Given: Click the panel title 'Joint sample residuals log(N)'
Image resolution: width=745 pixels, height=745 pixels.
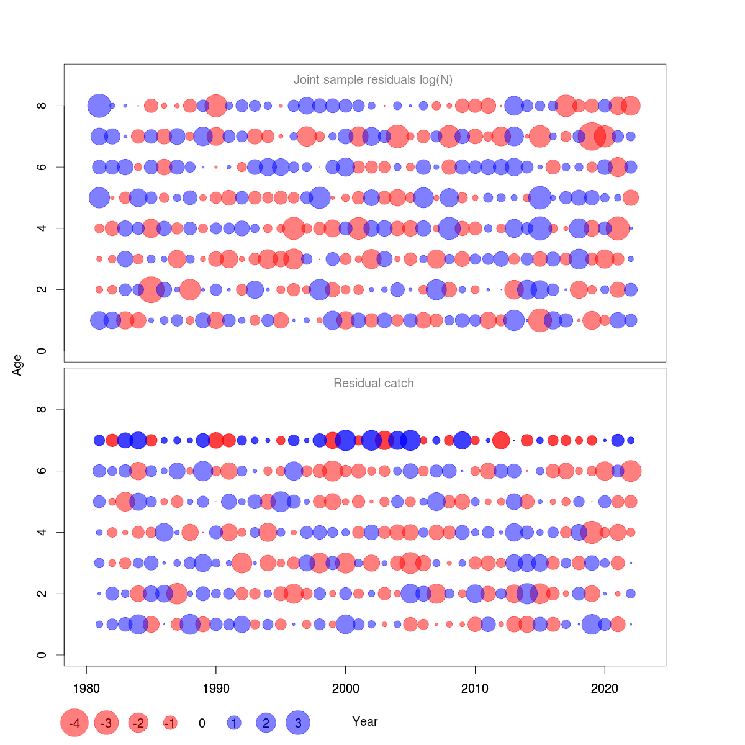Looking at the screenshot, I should [372, 79].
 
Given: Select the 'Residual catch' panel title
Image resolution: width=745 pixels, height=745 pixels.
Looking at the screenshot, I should [373, 383].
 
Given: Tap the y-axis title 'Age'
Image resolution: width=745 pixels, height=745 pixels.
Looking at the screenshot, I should [17, 365].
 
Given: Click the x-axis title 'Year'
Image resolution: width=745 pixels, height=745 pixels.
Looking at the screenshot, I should [364, 721].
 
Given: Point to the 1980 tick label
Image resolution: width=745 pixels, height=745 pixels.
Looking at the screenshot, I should [86, 689].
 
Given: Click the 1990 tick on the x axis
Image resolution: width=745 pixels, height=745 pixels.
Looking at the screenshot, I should [216, 689].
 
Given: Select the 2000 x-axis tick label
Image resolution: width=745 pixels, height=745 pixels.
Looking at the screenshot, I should [346, 689].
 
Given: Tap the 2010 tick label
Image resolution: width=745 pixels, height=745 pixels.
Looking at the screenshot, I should [475, 689].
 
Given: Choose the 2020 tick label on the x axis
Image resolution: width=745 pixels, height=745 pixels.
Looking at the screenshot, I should [605, 689].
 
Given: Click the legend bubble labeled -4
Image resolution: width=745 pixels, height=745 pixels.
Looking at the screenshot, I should [74, 723].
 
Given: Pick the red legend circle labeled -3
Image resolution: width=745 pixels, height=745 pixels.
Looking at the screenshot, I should [107, 723].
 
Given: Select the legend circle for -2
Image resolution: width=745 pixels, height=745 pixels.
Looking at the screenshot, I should [138, 723].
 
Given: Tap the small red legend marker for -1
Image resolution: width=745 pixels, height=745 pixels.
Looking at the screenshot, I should [170, 723].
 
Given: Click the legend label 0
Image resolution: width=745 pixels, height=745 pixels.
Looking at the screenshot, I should [202, 723].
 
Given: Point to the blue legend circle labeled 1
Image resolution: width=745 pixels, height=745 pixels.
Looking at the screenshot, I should [234, 723].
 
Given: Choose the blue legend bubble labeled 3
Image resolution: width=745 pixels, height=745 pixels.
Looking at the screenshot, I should [298, 723].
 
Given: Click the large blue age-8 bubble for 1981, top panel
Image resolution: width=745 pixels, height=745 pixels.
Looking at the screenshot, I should [99, 106].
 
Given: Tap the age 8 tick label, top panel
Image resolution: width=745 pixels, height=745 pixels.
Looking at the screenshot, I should [42, 106].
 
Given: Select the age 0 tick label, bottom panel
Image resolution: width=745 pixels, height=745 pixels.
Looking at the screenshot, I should [42, 655].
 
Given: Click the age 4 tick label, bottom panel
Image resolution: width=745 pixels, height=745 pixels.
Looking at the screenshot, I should [42, 532].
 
